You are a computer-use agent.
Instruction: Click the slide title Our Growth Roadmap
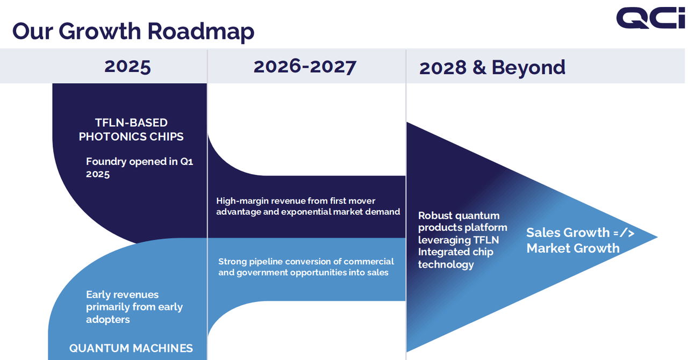(133, 31)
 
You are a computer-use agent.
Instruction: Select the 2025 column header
(127, 66)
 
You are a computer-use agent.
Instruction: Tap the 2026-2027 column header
(305, 66)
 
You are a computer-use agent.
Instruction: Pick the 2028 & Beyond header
(492, 67)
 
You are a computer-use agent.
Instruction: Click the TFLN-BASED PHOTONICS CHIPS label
(131, 129)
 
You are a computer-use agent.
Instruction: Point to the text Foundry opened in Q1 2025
(139, 168)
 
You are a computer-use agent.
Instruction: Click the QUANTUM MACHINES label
(131, 348)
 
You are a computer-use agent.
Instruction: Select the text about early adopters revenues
(134, 307)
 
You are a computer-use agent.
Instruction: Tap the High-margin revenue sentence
(308, 206)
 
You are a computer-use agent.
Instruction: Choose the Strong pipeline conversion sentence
(306, 267)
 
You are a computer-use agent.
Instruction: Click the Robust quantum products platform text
(463, 240)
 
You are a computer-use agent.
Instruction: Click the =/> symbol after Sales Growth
(624, 233)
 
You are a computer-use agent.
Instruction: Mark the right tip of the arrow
(656, 237)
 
